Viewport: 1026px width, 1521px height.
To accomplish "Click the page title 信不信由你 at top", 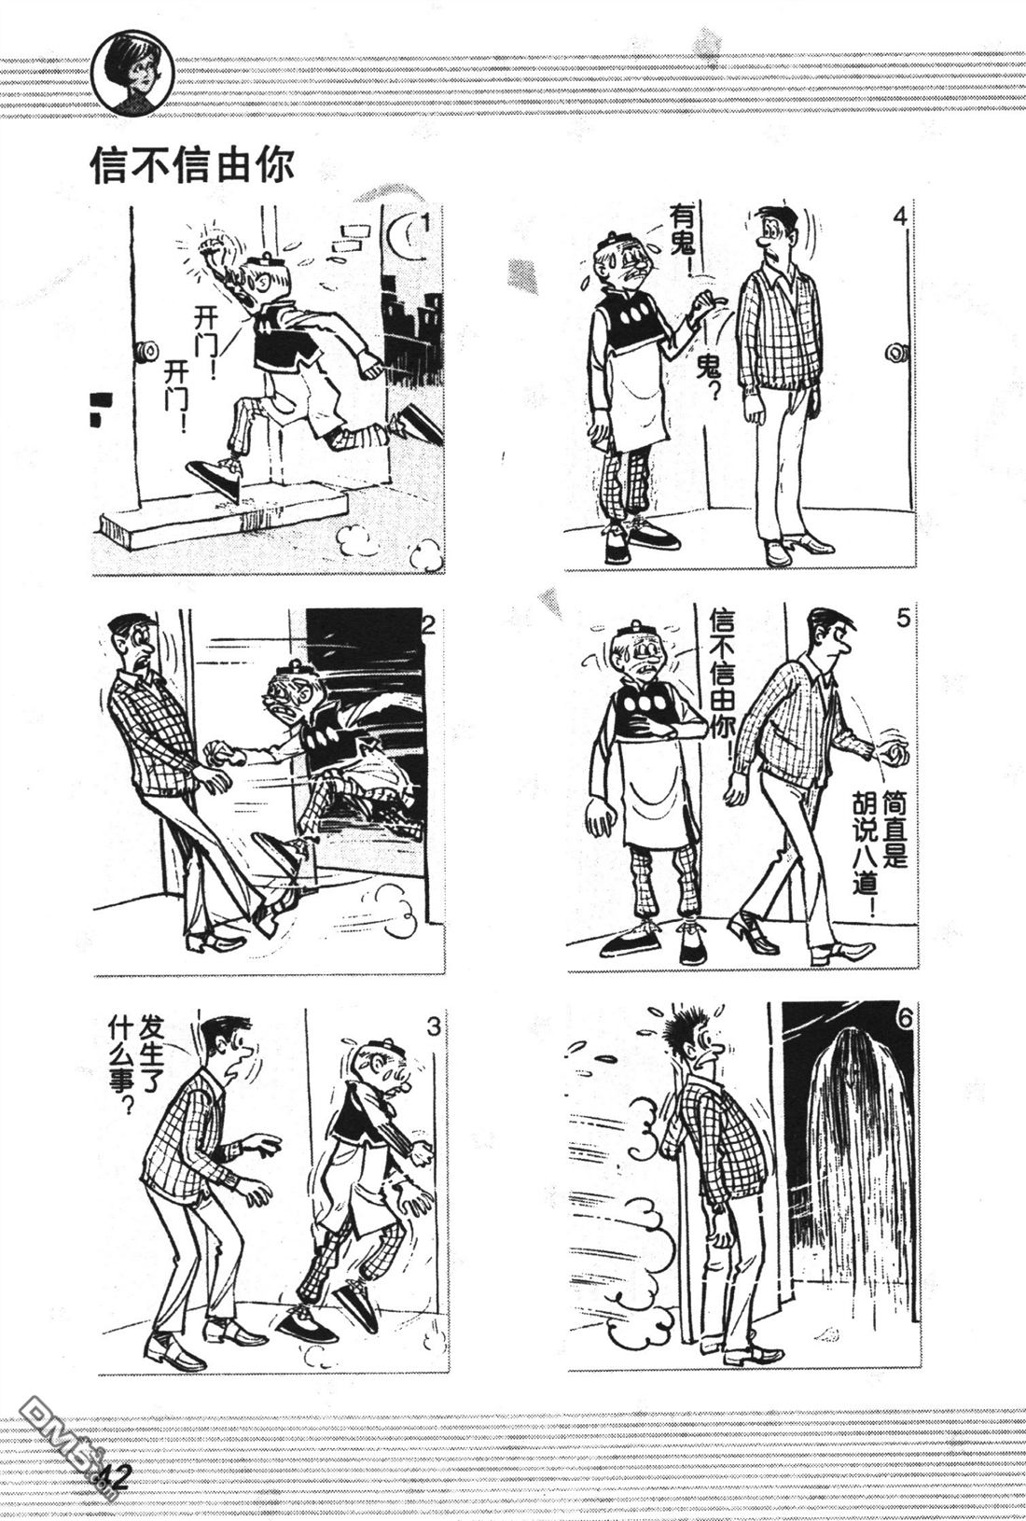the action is (x=192, y=164).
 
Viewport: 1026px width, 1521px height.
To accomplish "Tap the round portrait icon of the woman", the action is (x=133, y=74).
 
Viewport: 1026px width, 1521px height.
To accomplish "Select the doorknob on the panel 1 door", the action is (x=146, y=352).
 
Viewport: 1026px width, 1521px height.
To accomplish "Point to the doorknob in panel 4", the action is (x=897, y=353).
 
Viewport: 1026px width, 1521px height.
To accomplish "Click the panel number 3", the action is (x=434, y=1026).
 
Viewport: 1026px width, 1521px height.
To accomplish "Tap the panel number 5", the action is (x=903, y=619).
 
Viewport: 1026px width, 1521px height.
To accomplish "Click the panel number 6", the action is (x=904, y=1021).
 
